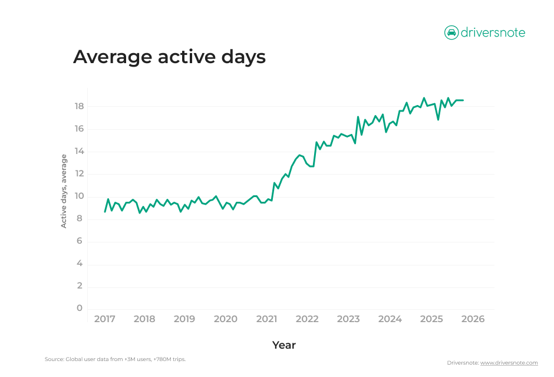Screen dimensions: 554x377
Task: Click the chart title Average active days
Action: click(x=169, y=57)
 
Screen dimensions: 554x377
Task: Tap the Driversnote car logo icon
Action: click(x=451, y=32)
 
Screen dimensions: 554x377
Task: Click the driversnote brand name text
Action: click(x=493, y=32)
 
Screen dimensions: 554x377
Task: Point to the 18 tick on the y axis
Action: click(x=79, y=106)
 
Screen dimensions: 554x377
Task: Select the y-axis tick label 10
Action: click(x=79, y=196)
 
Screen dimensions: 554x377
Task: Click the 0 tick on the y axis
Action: click(x=80, y=308)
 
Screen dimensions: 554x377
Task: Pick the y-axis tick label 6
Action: click(x=80, y=241)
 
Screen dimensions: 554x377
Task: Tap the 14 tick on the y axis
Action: click(x=79, y=151)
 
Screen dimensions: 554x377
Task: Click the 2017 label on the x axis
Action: click(x=104, y=319)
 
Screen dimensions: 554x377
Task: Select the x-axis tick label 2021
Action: click(x=266, y=319)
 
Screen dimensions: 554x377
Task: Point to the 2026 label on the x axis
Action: click(x=473, y=319)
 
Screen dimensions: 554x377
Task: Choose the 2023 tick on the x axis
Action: click(x=348, y=319)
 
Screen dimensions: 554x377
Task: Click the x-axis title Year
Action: click(x=284, y=345)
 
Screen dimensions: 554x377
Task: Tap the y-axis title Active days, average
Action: click(x=64, y=191)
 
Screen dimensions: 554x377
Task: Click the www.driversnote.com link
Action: click(x=509, y=363)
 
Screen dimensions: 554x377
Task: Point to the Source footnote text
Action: click(x=115, y=359)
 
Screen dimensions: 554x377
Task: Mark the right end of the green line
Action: click(x=463, y=100)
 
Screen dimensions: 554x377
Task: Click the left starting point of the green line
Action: click(x=104, y=211)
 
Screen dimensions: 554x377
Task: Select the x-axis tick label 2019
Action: click(x=184, y=319)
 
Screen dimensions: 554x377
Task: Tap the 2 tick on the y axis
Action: click(x=80, y=286)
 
